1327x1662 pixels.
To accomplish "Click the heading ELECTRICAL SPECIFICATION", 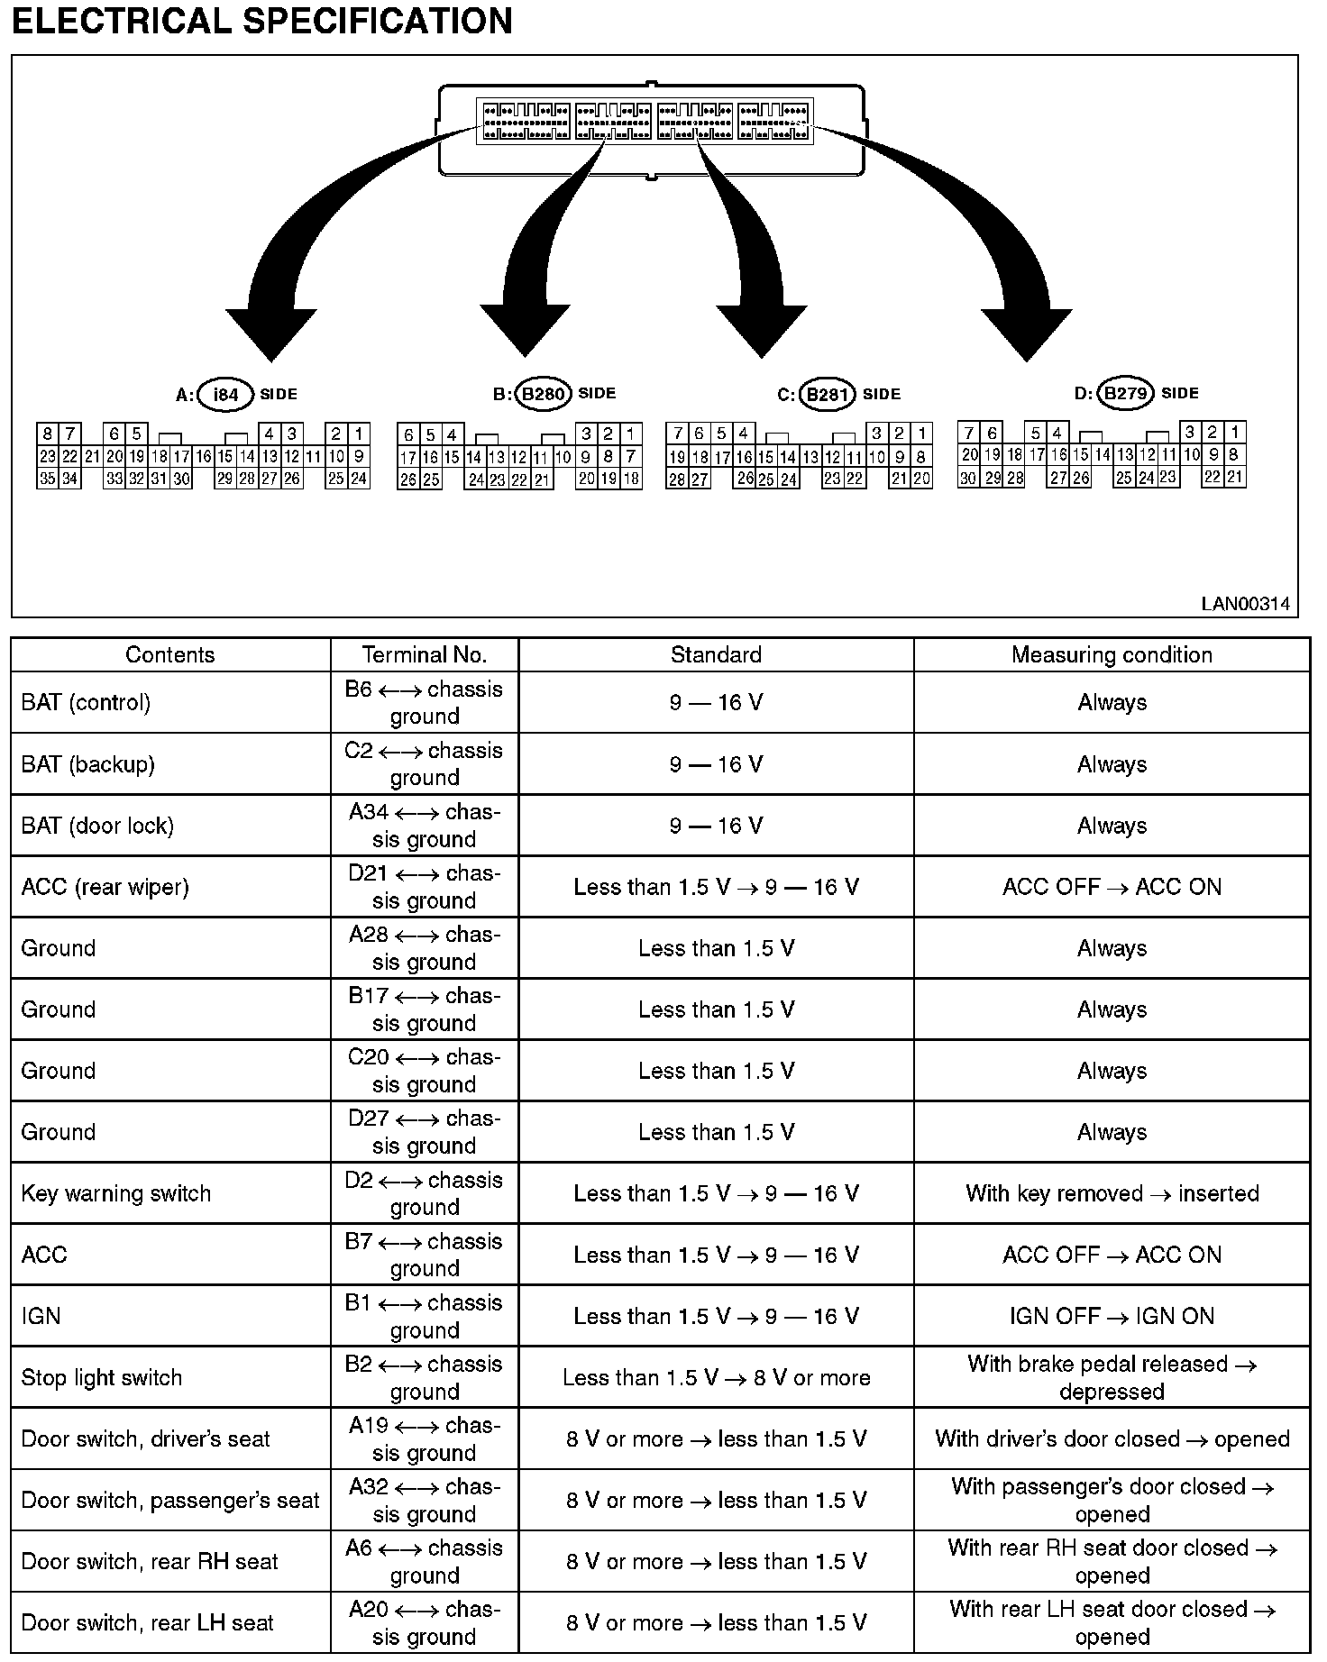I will point(261,21).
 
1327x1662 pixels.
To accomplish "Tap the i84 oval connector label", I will point(225,395).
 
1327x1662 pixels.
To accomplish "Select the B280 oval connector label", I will point(545,394).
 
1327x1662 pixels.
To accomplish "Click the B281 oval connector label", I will point(827,395).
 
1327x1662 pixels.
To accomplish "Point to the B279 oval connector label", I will point(1126,394).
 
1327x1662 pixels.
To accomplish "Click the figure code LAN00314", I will point(1245,604).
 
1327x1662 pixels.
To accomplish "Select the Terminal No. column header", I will point(424,655).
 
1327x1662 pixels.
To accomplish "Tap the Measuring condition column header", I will point(1112,655).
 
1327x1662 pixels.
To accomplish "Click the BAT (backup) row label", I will point(88,764).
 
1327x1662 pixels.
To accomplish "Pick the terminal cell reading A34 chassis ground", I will point(424,826).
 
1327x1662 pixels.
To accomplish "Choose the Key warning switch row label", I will point(116,1193).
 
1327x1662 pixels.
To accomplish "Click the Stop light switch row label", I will point(102,1377).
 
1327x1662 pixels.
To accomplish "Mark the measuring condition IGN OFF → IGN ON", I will point(1112,1316).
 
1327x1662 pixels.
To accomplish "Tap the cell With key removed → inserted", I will point(1112,1193).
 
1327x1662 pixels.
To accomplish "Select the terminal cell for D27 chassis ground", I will point(424,1132).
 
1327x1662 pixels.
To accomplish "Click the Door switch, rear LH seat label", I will point(147,1622).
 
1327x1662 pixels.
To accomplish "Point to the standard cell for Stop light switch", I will point(716,1377).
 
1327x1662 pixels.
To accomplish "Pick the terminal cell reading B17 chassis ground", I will point(424,1009).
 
